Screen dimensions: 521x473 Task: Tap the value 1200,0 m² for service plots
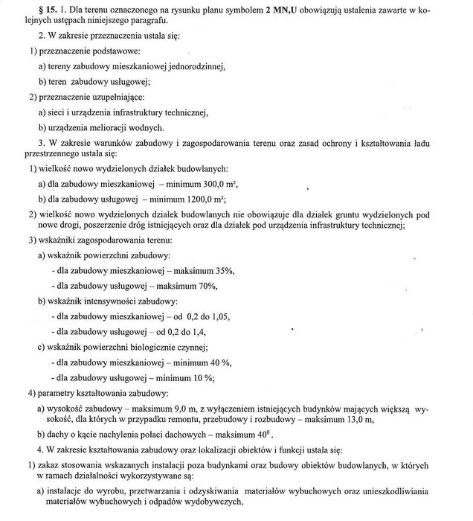tap(207, 200)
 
